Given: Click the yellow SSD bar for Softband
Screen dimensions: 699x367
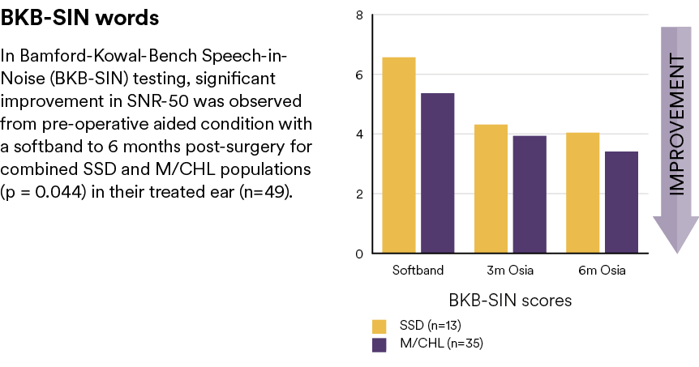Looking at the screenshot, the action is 399,155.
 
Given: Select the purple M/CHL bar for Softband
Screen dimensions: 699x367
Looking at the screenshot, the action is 438,173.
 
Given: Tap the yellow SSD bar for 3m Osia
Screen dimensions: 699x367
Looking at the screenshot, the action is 491,189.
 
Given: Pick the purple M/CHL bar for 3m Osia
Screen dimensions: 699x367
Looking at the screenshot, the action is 530,194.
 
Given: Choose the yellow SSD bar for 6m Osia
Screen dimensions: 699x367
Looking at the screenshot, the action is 583,193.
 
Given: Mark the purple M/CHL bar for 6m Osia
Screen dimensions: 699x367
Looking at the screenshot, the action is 621,203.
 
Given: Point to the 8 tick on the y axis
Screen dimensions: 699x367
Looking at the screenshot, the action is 359,15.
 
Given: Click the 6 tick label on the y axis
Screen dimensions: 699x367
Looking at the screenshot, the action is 359,75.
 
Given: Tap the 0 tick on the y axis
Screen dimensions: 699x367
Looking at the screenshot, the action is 359,254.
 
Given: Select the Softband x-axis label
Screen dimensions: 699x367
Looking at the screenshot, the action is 418,271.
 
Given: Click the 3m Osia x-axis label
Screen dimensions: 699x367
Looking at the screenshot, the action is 510,271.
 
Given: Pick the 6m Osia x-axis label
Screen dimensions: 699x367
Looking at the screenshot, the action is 602,271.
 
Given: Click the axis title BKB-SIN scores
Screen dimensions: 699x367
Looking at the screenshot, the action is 510,301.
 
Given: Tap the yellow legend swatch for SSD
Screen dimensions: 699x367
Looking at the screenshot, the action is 379,326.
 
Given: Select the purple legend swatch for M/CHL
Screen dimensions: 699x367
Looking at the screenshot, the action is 379,345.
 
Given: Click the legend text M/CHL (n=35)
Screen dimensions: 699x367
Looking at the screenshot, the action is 441,344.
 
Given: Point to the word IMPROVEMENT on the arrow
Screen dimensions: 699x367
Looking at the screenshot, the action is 677,125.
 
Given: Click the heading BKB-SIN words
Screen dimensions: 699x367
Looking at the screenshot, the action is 79,18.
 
